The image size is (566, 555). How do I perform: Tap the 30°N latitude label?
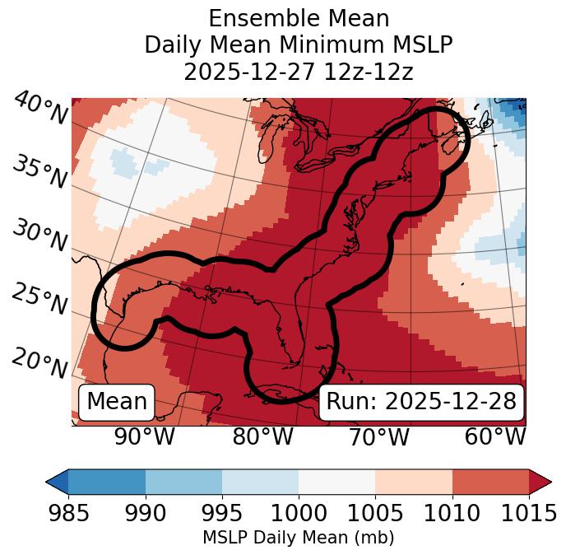coord(39,236)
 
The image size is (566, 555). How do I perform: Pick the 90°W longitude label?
coord(144,436)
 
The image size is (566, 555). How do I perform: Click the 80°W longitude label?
coord(263,436)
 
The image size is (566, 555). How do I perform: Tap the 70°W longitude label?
coord(379,436)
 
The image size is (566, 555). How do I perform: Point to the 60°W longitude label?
coord(495,436)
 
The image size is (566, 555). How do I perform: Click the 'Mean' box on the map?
coord(117,402)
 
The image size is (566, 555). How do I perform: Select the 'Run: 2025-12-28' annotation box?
coord(421,402)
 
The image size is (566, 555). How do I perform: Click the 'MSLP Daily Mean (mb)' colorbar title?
coord(298,538)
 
